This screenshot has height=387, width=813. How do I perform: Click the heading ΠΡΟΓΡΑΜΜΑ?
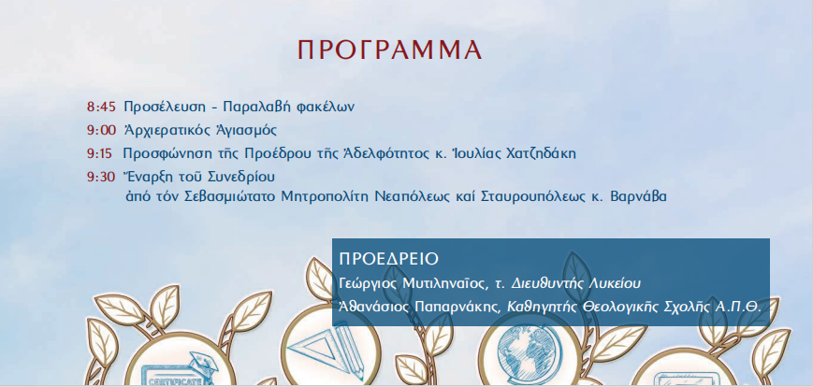point(389,50)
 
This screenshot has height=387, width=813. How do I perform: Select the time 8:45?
point(100,107)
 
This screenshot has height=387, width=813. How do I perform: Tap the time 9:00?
point(100,130)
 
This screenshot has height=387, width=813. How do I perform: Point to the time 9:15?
point(100,152)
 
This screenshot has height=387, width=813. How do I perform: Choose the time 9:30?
point(100,175)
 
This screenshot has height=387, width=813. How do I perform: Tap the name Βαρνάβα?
point(639,197)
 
